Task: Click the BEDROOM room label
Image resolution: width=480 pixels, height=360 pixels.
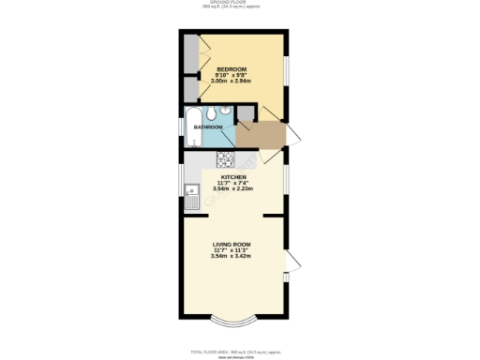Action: tap(231, 69)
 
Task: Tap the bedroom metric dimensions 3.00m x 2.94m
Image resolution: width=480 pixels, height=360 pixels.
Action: tap(231, 82)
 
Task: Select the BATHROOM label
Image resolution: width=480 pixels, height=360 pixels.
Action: tap(207, 127)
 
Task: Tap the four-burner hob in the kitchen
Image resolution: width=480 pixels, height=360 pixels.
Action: tap(225, 157)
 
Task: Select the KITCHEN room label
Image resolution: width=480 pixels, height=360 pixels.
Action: tap(233, 176)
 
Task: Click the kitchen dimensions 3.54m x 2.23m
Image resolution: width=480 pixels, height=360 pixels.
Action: tap(233, 189)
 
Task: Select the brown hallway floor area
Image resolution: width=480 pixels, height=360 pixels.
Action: tap(260, 135)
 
